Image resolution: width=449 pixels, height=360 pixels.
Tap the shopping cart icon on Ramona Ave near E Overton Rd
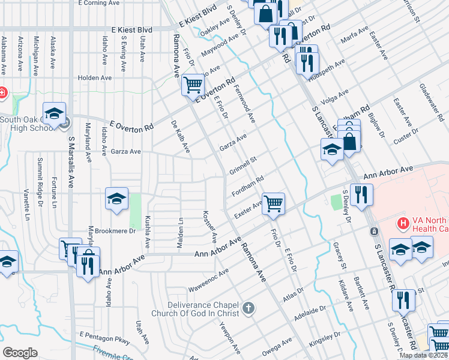coord(193,85)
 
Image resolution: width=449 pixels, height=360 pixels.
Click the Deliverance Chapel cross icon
coord(249,310)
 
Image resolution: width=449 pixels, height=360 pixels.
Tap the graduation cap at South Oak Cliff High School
coord(54,114)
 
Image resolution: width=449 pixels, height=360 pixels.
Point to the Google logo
coord(20,352)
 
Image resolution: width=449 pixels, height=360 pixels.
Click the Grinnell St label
coord(243,166)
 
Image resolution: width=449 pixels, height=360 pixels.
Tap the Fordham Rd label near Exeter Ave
coord(248,187)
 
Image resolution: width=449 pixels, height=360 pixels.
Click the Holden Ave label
coord(95,77)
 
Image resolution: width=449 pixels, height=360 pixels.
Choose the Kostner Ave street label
coord(209,226)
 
